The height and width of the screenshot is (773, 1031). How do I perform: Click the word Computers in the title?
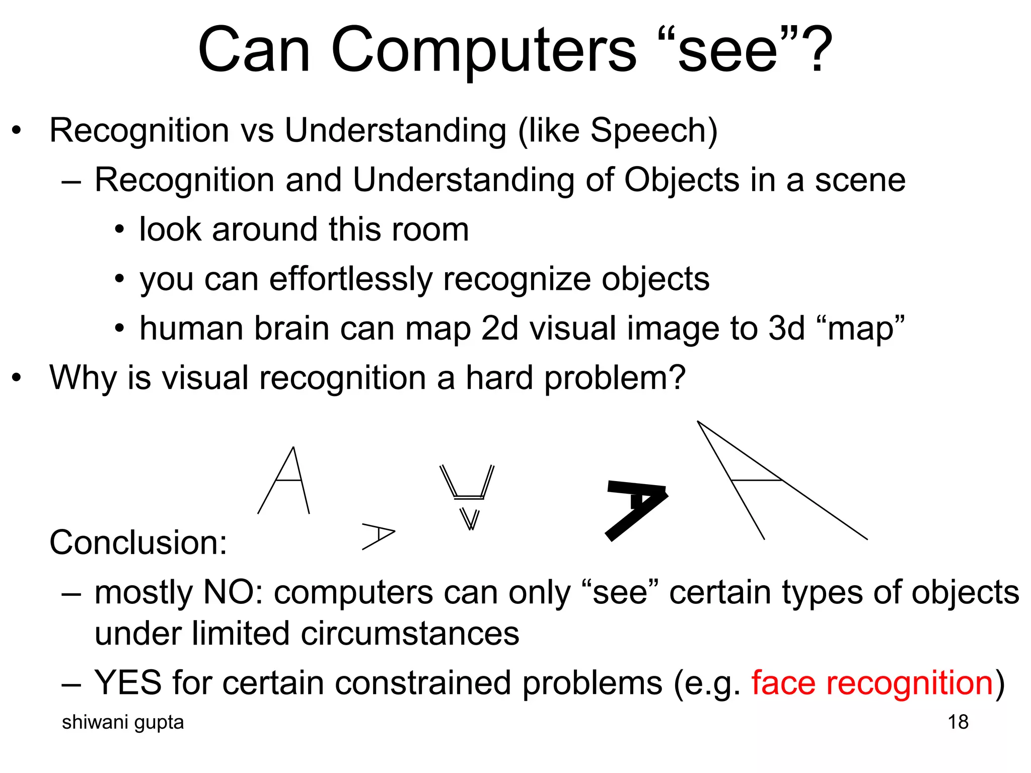pos(483,50)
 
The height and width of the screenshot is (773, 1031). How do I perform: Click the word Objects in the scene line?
pos(682,180)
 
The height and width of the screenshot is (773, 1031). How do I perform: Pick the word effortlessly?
pos(350,279)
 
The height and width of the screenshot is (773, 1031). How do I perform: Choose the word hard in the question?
pos(499,377)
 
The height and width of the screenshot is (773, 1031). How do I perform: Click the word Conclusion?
pos(138,543)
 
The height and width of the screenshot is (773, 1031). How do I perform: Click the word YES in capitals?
pos(128,683)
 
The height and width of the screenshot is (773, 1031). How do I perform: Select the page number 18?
pos(958,722)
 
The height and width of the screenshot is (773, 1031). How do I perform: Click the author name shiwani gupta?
pos(123,722)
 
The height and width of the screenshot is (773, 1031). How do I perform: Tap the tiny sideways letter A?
pos(378,536)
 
